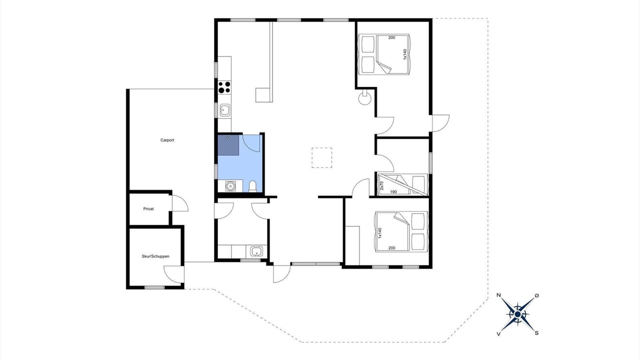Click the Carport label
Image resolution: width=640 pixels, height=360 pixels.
167,140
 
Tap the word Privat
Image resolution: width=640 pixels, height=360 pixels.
148,209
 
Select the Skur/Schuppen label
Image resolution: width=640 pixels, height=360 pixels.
155,256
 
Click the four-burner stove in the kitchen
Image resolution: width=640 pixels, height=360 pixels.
224,87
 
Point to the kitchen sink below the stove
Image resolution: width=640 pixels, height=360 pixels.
225,110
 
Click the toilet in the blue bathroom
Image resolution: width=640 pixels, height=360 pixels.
252,186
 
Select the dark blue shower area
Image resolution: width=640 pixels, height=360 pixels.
228,145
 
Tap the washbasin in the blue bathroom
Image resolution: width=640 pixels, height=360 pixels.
230,186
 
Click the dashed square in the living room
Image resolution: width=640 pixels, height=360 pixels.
321,157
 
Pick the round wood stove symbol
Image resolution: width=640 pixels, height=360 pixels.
365,98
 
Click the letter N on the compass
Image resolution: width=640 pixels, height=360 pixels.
499,295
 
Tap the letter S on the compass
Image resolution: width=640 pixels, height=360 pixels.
536,333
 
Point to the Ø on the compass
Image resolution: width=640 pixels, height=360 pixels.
536,295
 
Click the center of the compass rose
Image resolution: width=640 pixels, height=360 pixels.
517,314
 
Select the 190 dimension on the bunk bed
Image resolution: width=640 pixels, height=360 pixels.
393,191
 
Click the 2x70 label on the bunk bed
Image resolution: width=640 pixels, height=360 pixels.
381,185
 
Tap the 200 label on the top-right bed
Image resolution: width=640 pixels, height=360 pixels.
391,37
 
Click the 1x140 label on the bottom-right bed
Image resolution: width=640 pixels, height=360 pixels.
379,233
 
